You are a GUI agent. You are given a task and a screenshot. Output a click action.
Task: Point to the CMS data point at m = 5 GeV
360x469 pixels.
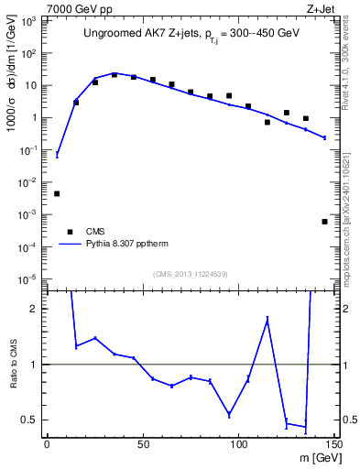pyautogui.click(x=57, y=193)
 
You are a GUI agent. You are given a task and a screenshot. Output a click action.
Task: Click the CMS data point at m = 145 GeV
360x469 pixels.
pyautogui.click(x=325, y=222)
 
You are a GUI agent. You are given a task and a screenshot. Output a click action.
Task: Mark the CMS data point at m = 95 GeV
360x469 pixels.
pyautogui.click(x=229, y=95)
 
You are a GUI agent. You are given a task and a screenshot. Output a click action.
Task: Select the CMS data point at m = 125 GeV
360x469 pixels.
pyautogui.click(x=287, y=113)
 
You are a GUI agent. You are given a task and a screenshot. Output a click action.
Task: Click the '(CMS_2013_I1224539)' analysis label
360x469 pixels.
pyautogui.click(x=191, y=273)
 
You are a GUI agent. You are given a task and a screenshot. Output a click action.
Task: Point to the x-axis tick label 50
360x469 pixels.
pyautogui.click(x=143, y=443)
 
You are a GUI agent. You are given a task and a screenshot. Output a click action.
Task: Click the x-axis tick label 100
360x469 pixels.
pyautogui.click(x=238, y=443)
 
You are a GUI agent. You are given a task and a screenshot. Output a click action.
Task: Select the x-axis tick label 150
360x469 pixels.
pyautogui.click(x=333, y=443)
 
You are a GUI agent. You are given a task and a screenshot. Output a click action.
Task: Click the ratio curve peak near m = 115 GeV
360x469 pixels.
pyautogui.click(x=267, y=319)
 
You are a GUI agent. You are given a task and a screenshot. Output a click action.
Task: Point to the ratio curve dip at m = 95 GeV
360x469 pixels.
pyautogui.click(x=229, y=414)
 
